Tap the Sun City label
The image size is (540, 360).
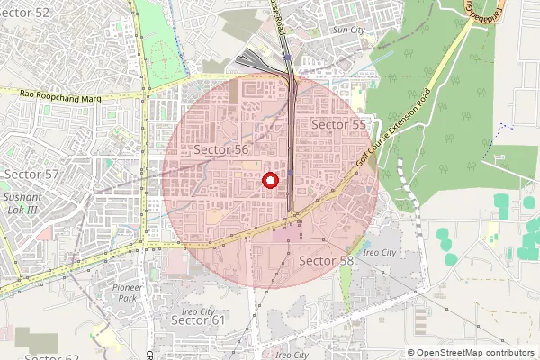(349, 30)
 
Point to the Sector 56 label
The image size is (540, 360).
(220, 149)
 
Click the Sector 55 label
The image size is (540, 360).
(338, 124)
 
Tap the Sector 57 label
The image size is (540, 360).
(31, 174)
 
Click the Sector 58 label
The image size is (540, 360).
(326, 260)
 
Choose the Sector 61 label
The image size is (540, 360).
(198, 319)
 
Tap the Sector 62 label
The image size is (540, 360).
(52, 356)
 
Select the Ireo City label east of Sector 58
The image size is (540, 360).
(377, 253)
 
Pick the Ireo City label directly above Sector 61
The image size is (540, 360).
(199, 310)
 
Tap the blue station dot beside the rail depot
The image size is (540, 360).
(286, 56)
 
